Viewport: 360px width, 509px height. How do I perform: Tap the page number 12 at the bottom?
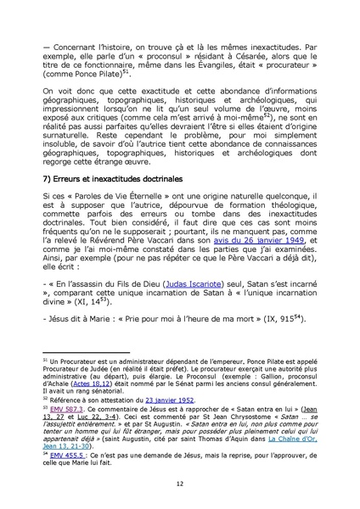tap(180, 484)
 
